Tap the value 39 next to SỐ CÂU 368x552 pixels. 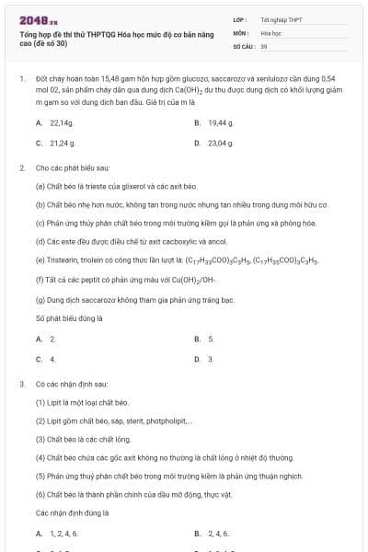pos(264,44)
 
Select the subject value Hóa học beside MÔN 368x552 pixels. pos(270,31)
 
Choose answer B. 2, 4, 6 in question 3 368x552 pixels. pos(213,534)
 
